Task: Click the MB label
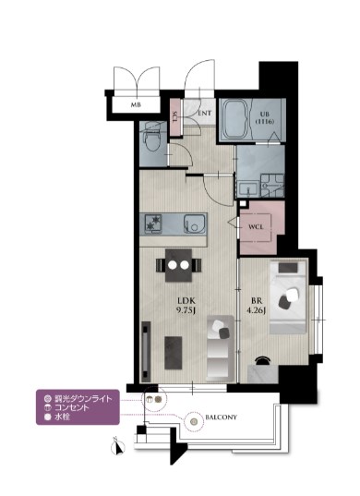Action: click(136, 105)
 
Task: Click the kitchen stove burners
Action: click(154, 222)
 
